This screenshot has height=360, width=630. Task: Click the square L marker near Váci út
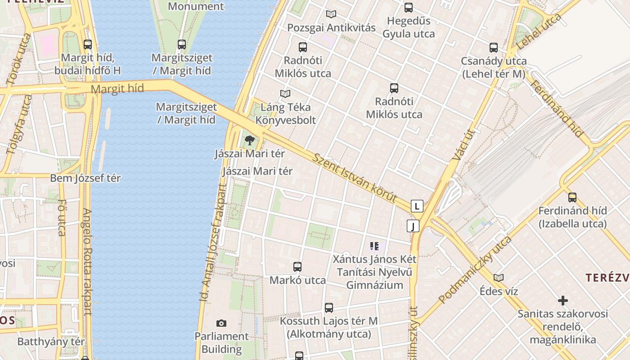coord(417,206)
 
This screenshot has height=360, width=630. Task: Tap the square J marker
coord(413,225)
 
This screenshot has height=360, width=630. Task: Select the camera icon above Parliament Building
coord(221,323)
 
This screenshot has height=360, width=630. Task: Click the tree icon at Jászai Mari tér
coord(249,140)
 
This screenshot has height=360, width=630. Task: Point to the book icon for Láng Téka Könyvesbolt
coord(285,94)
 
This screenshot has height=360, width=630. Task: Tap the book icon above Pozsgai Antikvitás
coord(331,14)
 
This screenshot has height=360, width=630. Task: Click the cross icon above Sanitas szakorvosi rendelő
coord(562,300)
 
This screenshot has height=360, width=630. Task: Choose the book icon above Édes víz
coord(498,278)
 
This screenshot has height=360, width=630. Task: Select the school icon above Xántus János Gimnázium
coord(374,246)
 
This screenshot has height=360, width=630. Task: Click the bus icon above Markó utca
coord(297,266)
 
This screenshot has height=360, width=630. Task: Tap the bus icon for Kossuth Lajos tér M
coord(329,308)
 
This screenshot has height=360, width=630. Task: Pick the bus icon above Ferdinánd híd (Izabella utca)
coord(572,197)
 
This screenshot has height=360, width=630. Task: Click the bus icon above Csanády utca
coord(494,47)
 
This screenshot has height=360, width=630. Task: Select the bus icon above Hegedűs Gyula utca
coord(408,7)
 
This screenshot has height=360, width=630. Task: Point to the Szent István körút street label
coord(355,178)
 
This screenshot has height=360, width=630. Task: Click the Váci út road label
coord(459,145)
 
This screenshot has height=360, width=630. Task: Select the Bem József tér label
coord(85,178)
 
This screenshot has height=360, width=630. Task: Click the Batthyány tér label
coord(51,342)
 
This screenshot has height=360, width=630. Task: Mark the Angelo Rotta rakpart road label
coord(87,261)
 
